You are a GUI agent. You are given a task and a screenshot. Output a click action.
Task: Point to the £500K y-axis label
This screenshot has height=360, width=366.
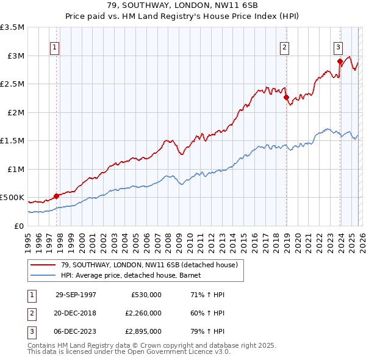pyautogui.click(x=12, y=198)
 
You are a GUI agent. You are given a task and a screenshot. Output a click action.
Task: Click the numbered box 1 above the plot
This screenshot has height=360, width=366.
pyautogui.click(x=55, y=47)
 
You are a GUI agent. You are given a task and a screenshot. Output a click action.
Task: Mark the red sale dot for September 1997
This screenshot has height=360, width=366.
pyautogui.click(x=57, y=196)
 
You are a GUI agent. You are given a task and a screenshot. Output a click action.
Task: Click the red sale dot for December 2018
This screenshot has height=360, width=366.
pyautogui.click(x=286, y=98)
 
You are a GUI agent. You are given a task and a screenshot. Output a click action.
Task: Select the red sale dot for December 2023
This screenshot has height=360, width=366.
pyautogui.click(x=340, y=62)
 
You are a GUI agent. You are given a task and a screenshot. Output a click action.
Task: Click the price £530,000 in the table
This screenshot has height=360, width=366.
pyautogui.click(x=146, y=295)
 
